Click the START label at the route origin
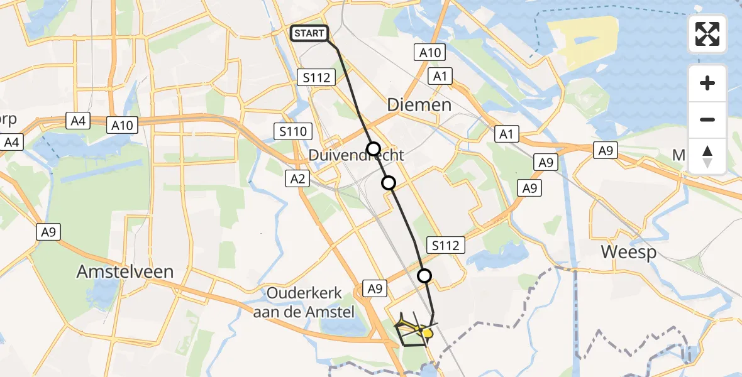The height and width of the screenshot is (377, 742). pyautogui.click(x=309, y=33)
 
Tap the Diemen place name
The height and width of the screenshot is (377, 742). pyautogui.click(x=419, y=104)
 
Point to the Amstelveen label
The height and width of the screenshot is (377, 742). pyautogui.click(x=125, y=271)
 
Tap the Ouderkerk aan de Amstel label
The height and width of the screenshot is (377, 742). pyautogui.click(x=304, y=302)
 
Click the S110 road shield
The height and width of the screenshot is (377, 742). pyautogui.click(x=294, y=131)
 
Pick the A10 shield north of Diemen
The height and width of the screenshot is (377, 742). pyautogui.click(x=431, y=52)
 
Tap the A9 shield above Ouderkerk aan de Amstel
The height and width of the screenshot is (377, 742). pyautogui.click(x=375, y=288)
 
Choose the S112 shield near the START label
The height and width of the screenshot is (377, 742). pyautogui.click(x=317, y=77)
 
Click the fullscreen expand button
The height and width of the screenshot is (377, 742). pyautogui.click(x=707, y=34)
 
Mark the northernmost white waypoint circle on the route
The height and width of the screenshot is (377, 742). pyautogui.click(x=374, y=149)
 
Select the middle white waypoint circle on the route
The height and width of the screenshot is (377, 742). pyautogui.click(x=389, y=183)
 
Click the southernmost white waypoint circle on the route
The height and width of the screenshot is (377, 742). pyautogui.click(x=425, y=275)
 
